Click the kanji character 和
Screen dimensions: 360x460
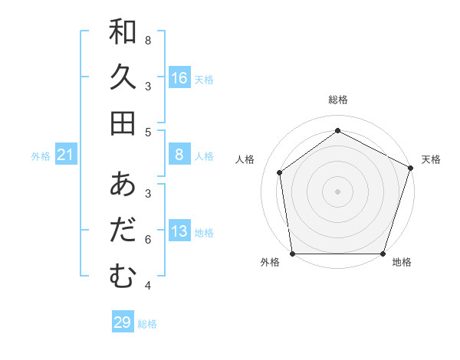tap(123, 32)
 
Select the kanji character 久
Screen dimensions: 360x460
tap(123, 77)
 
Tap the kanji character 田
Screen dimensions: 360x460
tap(123, 123)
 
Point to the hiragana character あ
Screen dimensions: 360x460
tap(123, 185)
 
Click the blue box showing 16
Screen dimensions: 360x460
tap(179, 78)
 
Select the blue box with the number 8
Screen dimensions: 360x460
tap(179, 155)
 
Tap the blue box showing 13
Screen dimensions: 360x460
tap(179, 232)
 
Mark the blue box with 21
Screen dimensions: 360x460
tap(66, 155)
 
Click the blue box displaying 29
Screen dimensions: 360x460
tap(122, 322)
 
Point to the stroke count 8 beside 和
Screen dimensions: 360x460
tap(148, 40)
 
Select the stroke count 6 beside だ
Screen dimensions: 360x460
tap(148, 239)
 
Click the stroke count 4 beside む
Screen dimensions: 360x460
tap(148, 286)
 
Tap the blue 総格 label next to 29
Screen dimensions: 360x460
tap(147, 324)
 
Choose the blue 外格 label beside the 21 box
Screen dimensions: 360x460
tap(41, 156)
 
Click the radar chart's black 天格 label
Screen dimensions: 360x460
tap(431, 159)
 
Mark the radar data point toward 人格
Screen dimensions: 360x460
tap(280, 172)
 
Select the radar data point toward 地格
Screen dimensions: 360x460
tap(383, 254)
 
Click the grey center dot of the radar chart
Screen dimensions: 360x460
tap(337, 191)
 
